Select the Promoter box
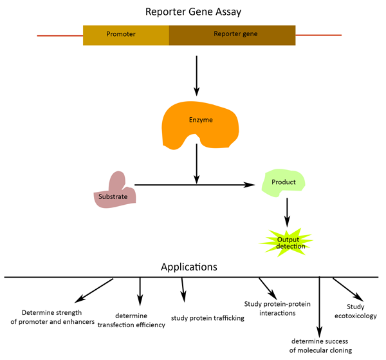pyautogui.click(x=126, y=35)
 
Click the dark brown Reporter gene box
pyautogui.click(x=232, y=35)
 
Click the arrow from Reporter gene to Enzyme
pyautogui.click(x=196, y=75)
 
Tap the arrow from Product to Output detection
pyautogui.click(x=286, y=210)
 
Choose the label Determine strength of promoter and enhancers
pyautogui.click(x=57, y=317)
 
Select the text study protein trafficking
pyautogui.click(x=208, y=318)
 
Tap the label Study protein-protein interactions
pyautogui.click(x=270, y=308)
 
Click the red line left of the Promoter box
pyautogui.click(x=60, y=35)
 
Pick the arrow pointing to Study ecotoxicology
pyautogui.click(x=348, y=289)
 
